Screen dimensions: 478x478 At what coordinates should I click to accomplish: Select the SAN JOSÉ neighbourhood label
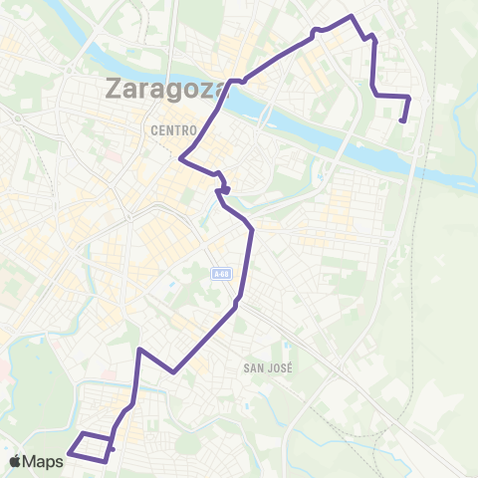coord(266,367)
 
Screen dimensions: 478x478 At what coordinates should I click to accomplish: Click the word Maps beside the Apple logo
coord(43,461)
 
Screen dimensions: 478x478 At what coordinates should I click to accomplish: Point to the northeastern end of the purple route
coord(401,120)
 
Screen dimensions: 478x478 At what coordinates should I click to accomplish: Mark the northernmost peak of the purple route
coord(351,17)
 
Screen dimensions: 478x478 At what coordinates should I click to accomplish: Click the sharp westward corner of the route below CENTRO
coord(180,157)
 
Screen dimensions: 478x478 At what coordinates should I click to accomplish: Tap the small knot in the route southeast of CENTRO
coord(225,188)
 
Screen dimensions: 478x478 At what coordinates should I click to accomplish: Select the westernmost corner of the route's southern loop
coord(68,454)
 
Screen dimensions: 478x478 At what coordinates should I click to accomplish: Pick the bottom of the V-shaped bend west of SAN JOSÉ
coord(174,372)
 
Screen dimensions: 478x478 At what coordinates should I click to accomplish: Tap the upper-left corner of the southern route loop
coord(81,434)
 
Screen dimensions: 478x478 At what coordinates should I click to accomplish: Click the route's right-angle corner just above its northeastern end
coord(409,97)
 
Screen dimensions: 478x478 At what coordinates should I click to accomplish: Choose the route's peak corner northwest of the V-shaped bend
coord(141,351)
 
